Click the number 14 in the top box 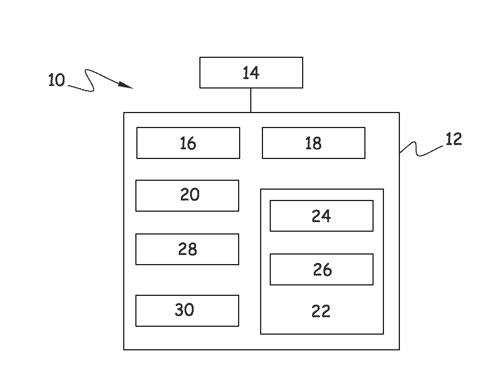[251, 73]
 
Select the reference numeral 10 [57, 80]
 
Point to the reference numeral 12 [454, 139]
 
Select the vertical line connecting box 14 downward [251, 100]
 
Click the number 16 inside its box [188, 143]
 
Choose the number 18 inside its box [313, 143]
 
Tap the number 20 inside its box [190, 195]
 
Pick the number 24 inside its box [321, 216]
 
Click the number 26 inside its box [322, 269]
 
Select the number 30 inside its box [184, 310]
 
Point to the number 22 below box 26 [321, 311]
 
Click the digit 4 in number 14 [254, 73]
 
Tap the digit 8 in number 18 [317, 143]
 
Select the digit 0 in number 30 [189, 310]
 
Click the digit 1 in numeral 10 [51, 80]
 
